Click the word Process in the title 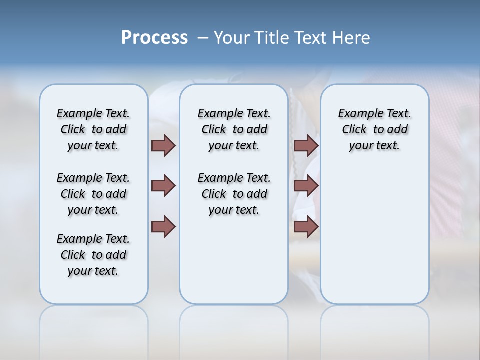pos(154,38)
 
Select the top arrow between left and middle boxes pos(163,145)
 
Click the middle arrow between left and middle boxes pos(163,186)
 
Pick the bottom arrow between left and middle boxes pos(163,226)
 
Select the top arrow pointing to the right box pos(306,145)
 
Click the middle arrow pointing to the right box pos(306,186)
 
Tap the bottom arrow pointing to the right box pos(306,226)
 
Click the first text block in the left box pos(93,129)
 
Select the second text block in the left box pos(93,194)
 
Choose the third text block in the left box pos(93,255)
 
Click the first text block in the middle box pos(234,129)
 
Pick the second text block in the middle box pos(234,194)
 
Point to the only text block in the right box pos(374,129)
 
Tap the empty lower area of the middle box pos(234,260)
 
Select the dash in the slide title pos(203,38)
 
